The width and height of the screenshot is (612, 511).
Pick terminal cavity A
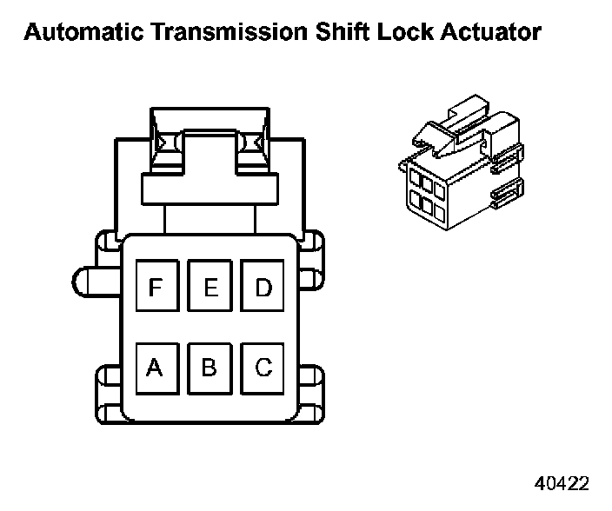click(156, 368)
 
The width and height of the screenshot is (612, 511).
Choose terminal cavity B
click(210, 368)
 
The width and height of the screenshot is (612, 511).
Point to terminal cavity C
click(263, 368)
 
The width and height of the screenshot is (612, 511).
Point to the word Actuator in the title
click(491, 33)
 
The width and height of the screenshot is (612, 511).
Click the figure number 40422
click(559, 483)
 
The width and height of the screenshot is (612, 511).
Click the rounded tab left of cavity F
click(91, 281)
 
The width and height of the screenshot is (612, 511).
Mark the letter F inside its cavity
click(156, 286)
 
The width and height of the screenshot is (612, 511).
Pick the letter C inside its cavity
click(263, 368)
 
